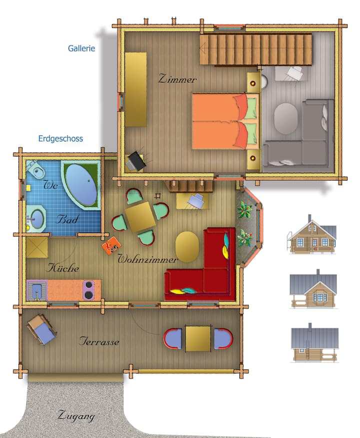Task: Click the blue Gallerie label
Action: (81, 48)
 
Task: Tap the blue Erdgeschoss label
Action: (60, 138)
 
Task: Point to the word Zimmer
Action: (177, 79)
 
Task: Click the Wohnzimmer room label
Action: (147, 259)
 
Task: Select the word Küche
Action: (63, 268)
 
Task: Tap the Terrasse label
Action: (99, 341)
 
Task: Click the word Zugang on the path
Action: (76, 416)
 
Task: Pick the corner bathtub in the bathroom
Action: (80, 184)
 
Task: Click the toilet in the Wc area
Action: (35, 169)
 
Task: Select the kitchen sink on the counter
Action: (37, 290)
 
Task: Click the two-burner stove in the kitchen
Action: (89, 290)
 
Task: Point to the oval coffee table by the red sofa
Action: (187, 246)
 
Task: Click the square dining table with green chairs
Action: (140, 217)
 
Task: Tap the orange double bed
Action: (225, 121)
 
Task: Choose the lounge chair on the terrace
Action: (41, 329)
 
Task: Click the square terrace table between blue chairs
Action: (198, 338)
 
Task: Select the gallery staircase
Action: (255, 49)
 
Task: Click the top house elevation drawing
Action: (312, 235)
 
